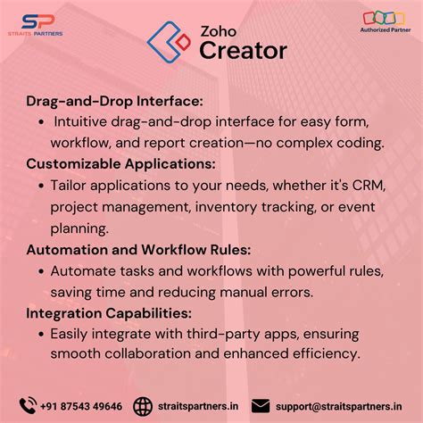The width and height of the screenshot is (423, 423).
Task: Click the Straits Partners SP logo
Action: (x=39, y=23)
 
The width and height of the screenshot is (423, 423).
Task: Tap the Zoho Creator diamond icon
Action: (x=169, y=41)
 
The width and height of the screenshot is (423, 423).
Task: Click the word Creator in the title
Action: (x=243, y=49)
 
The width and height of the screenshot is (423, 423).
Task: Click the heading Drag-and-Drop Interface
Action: (x=114, y=102)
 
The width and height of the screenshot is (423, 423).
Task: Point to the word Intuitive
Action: (x=81, y=121)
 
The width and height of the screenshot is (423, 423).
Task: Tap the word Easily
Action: (x=71, y=333)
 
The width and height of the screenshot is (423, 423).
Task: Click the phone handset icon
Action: (x=28, y=405)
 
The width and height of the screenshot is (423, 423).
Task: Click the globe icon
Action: (x=142, y=406)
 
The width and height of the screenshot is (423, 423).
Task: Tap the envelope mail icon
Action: (x=261, y=406)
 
